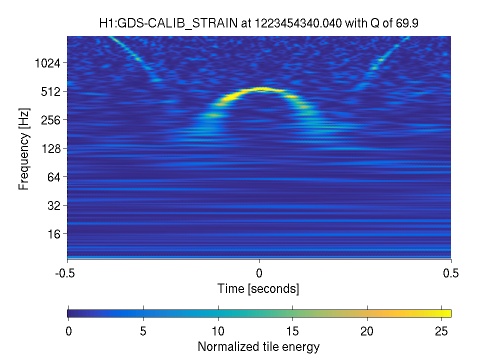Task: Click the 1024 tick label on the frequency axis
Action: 47,63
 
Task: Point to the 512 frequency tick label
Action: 51,91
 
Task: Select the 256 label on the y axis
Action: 51,120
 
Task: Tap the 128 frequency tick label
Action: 51,149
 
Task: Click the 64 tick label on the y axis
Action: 54,177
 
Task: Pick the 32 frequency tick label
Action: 54,205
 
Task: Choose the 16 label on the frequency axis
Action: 54,234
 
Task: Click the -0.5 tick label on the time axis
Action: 65,273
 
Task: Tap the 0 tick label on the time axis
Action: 259,273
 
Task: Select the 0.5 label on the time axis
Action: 451,273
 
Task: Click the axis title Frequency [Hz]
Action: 24,149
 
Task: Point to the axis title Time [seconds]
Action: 258,288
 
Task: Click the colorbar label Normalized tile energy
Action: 258,346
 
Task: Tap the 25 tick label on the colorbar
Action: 441,331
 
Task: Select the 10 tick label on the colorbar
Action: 218,331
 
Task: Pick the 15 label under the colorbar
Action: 292,331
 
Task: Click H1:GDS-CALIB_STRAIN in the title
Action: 168,23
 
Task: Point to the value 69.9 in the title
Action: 407,23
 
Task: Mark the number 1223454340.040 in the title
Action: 298,23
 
